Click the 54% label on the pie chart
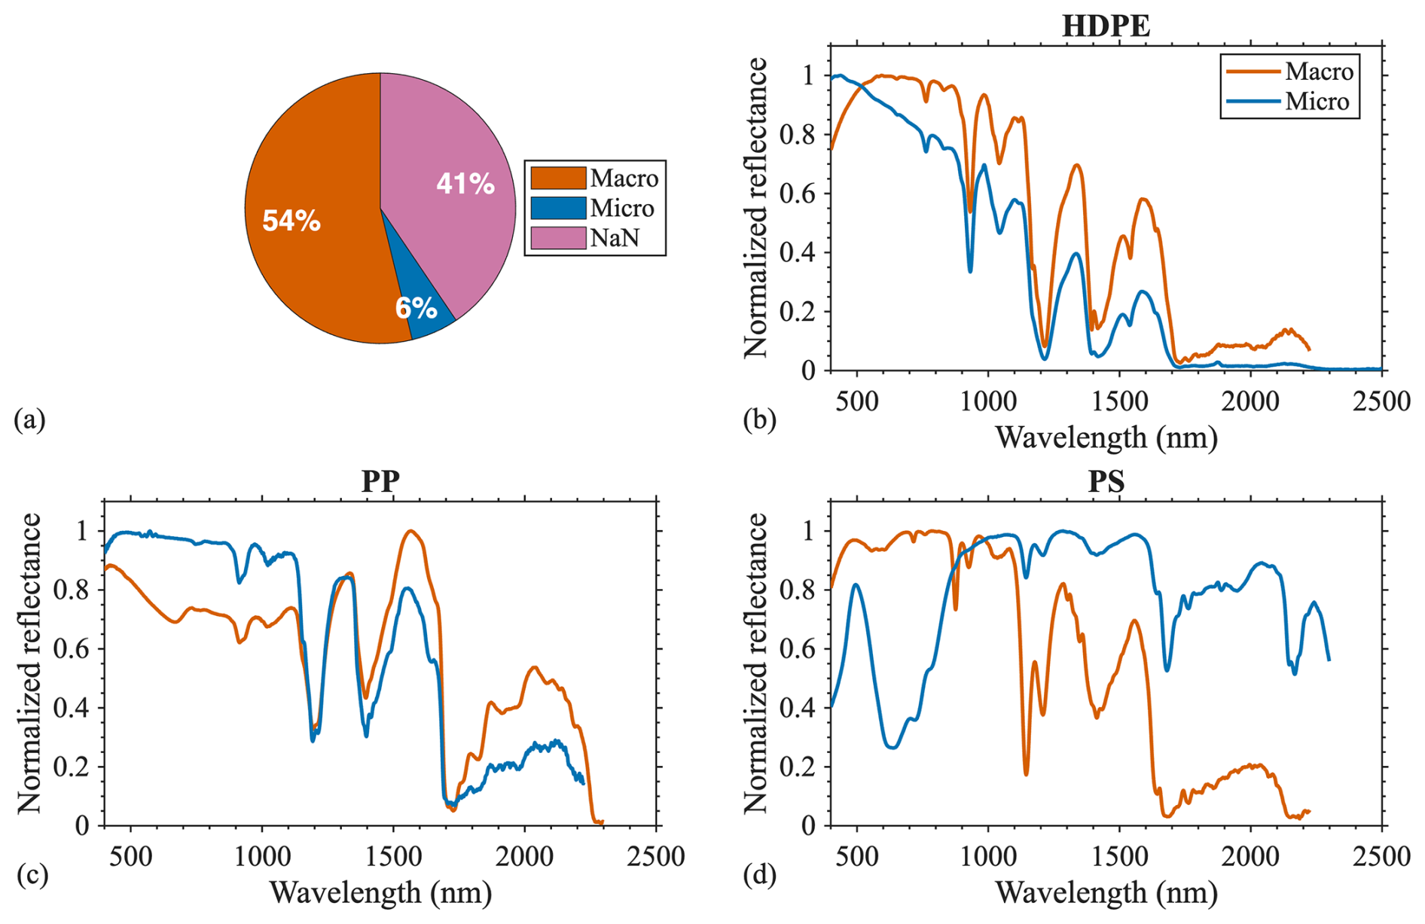coord(291,221)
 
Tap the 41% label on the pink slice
coord(465,184)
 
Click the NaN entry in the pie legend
coord(615,238)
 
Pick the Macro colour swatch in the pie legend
coord(558,178)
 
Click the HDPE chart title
coord(1106,26)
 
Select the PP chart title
coord(380,481)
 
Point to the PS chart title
coord(1106,481)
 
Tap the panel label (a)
coord(30,419)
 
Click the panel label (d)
coord(759,875)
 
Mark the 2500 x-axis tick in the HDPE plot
coord(1381,401)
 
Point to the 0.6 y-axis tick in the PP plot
coord(71,648)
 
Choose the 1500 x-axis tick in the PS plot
coord(1119,856)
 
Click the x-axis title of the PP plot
coord(380,892)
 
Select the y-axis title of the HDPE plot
coord(755,207)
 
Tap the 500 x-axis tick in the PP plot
coord(131,856)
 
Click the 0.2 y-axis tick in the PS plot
coord(797,767)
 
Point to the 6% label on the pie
coord(417,308)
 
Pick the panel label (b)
coord(759,419)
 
